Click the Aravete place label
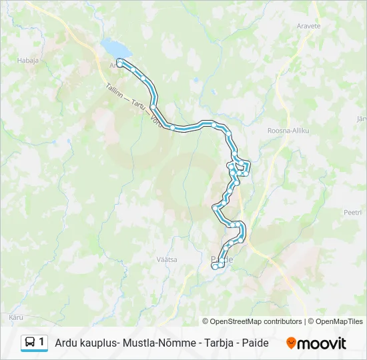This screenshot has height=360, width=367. pos(308,26)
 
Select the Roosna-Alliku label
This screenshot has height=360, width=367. pos(288,131)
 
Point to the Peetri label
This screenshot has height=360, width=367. pos(352,212)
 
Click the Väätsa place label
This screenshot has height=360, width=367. pos(167,259)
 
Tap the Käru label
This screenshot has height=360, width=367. pos(17,316)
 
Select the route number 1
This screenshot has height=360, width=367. pos(42,342)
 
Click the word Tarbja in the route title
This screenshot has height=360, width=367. pos(220,343)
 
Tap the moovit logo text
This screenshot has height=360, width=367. pos(322,343)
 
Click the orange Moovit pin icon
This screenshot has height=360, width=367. pos(292,343)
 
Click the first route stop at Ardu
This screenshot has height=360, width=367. pos(119,62)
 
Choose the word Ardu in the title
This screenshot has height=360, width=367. pos(66,343)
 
